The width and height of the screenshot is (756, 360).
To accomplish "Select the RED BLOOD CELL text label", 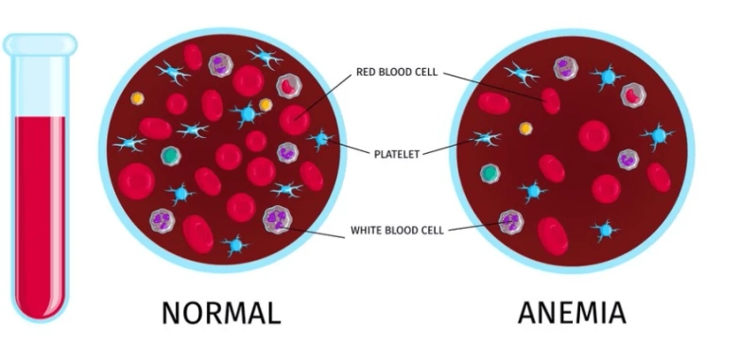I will [396, 72].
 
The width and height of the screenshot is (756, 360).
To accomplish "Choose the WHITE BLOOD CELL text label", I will [397, 230].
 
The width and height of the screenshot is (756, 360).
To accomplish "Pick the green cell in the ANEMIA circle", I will [490, 173].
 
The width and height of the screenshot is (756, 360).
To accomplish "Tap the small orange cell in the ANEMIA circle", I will [525, 128].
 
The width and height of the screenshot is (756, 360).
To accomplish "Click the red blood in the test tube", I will [41, 208].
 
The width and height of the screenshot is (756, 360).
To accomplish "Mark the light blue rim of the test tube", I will [41, 43].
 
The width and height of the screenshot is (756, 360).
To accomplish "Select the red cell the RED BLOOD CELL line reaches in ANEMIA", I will [550, 99].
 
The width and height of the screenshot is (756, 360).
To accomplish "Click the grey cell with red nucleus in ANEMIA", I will [631, 94].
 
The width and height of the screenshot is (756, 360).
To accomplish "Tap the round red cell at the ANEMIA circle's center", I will [593, 135].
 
